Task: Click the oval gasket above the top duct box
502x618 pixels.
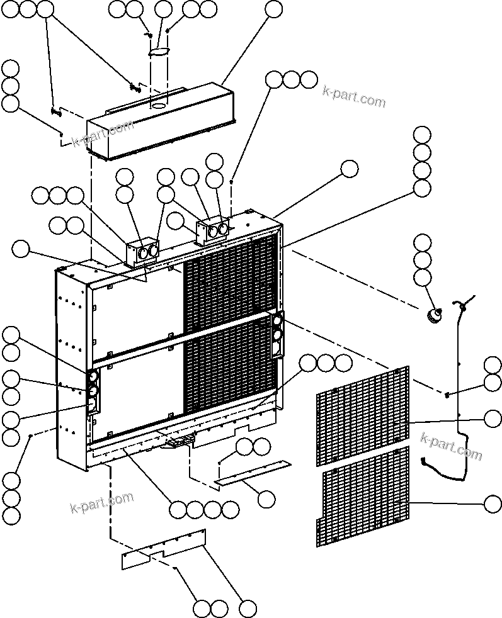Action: (x=160, y=52)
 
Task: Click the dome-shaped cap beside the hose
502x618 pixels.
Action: (x=433, y=315)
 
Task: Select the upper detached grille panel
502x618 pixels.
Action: (x=362, y=416)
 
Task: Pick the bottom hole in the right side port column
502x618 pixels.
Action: (x=276, y=348)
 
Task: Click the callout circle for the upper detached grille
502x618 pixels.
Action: (x=493, y=417)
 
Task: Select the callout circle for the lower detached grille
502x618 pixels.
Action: (x=493, y=503)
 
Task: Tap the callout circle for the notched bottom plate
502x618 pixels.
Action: (x=248, y=608)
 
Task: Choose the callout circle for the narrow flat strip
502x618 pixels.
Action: (x=266, y=499)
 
